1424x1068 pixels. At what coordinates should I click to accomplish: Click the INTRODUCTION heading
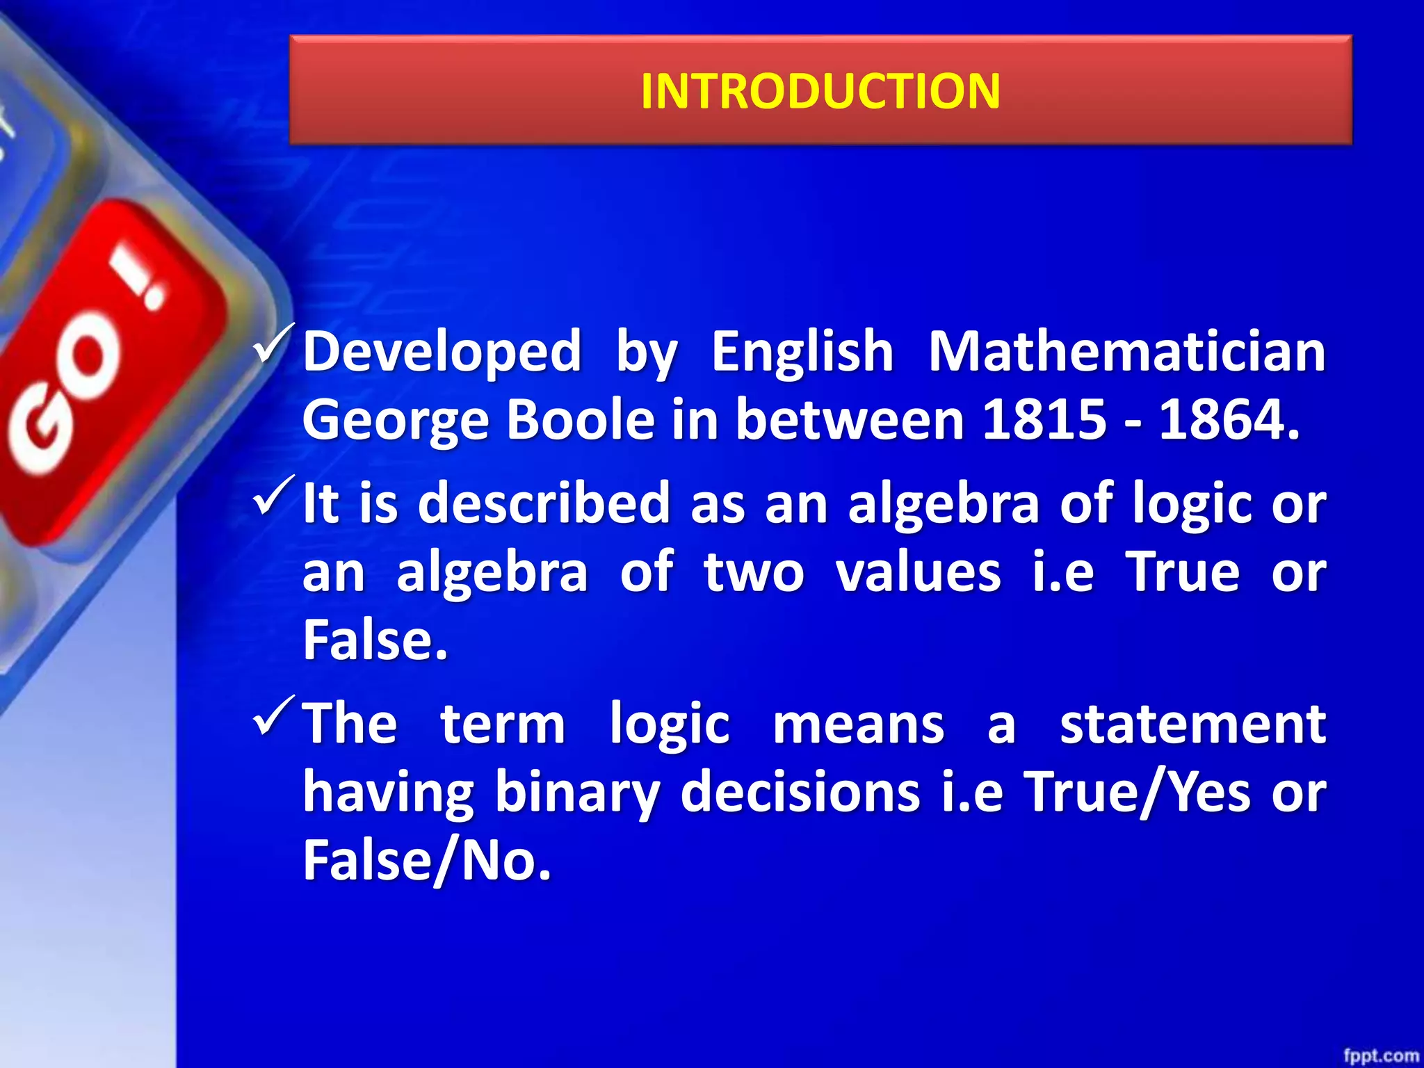820,91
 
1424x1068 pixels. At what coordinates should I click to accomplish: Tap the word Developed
442,352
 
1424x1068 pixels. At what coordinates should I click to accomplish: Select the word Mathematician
1127,352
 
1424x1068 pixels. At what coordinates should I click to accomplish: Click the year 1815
1044,419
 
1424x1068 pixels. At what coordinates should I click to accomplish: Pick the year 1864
1229,419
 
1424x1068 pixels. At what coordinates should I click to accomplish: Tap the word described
544,502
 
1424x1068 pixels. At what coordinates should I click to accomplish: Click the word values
918,572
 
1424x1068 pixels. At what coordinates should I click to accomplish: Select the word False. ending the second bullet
375,640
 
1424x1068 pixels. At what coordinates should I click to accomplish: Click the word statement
1192,724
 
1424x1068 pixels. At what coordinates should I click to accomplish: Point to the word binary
577,793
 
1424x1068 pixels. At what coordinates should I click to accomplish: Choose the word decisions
800,792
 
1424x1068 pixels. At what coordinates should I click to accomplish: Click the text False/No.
427,861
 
